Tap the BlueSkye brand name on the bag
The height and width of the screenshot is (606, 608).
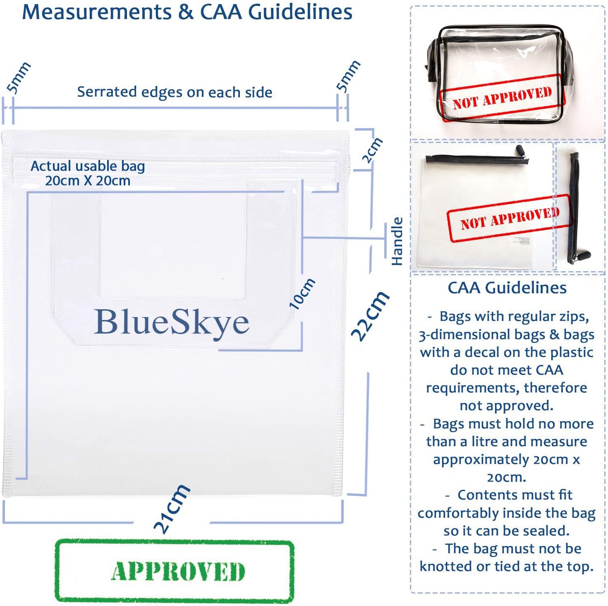172,322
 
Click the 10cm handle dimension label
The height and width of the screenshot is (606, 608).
302,294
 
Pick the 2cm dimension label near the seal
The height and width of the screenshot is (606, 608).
372,150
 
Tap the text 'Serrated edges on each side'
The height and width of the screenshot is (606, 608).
175,92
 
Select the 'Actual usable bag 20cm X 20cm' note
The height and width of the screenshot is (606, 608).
88,173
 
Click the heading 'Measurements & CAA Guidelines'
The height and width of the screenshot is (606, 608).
187,12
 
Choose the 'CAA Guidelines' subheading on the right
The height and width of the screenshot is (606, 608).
507,288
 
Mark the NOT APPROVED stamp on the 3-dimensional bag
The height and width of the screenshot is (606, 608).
502,98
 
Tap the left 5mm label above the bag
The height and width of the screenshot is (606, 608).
19,78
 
